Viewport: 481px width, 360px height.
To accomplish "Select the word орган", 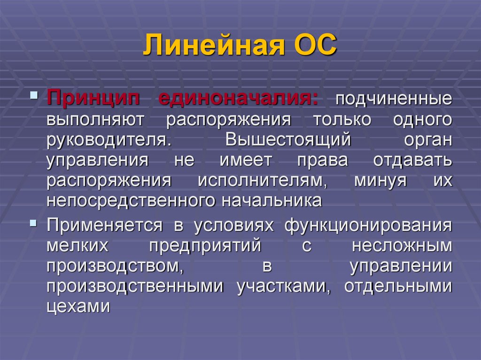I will [427, 140].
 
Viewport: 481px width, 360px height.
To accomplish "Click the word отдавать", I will [412, 160].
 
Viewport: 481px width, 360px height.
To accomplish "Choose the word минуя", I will [380, 180].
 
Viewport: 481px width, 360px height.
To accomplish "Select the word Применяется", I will [104, 225].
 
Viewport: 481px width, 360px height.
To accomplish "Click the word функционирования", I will [368, 225].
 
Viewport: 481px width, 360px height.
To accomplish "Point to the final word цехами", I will [78, 306].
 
